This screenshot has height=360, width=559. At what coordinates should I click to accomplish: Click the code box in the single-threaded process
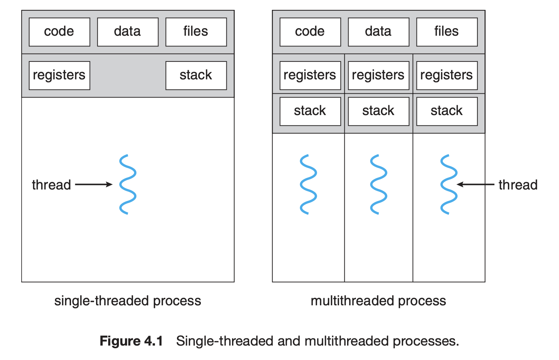click(x=59, y=32)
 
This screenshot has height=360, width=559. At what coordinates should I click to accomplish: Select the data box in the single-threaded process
click(x=128, y=32)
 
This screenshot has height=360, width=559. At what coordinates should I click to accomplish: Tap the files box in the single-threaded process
click(x=196, y=32)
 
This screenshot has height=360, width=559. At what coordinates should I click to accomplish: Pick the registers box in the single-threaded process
click(x=59, y=75)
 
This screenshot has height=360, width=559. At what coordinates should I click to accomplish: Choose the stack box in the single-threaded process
click(x=196, y=75)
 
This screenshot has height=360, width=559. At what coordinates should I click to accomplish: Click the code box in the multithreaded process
click(x=310, y=32)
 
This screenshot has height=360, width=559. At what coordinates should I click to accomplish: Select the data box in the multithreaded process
click(x=379, y=32)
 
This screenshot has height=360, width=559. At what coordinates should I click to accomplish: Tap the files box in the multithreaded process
click(x=447, y=32)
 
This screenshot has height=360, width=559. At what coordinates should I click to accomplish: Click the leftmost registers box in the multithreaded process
click(x=310, y=75)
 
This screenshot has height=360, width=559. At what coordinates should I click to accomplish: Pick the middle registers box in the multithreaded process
click(x=379, y=75)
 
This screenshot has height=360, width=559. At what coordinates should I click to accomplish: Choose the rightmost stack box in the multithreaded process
click(x=447, y=111)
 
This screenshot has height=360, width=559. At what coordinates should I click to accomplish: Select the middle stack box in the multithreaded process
click(x=379, y=111)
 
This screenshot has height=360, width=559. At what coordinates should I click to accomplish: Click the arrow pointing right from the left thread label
click(x=94, y=184)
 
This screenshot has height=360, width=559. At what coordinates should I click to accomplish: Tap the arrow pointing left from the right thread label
click(x=475, y=184)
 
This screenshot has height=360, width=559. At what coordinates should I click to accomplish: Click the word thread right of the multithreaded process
click(x=518, y=185)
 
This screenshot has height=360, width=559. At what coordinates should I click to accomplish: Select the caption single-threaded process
click(x=128, y=301)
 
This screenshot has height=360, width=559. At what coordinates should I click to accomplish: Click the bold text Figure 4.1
click(x=131, y=341)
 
